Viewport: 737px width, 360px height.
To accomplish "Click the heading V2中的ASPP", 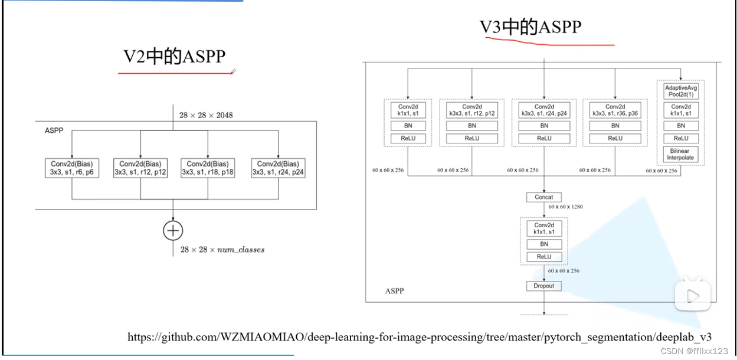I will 175,57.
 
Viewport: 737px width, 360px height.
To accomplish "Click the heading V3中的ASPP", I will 530,27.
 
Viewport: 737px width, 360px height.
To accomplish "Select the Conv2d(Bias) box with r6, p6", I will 71,168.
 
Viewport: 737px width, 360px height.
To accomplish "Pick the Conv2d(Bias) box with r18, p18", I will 208,168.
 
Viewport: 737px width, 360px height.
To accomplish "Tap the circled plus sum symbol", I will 173,230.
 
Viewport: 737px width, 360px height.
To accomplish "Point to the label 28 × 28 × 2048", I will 207,114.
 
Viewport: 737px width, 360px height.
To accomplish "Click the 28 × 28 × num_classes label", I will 222,250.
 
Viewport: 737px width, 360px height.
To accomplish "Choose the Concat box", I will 544,197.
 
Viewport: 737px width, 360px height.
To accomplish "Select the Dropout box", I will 544,286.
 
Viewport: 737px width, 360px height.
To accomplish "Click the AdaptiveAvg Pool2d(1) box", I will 681,91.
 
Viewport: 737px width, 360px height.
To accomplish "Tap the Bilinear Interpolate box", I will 681,154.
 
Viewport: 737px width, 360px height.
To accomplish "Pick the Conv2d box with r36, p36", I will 615,110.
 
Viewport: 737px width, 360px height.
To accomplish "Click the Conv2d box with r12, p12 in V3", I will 472,110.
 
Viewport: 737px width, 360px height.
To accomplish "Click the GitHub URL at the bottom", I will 420,337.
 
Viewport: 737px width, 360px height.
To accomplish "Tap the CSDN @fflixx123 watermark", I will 695,351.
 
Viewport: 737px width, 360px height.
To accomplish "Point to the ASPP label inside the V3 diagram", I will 394,292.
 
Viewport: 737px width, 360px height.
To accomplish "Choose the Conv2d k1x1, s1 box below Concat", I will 544,228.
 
